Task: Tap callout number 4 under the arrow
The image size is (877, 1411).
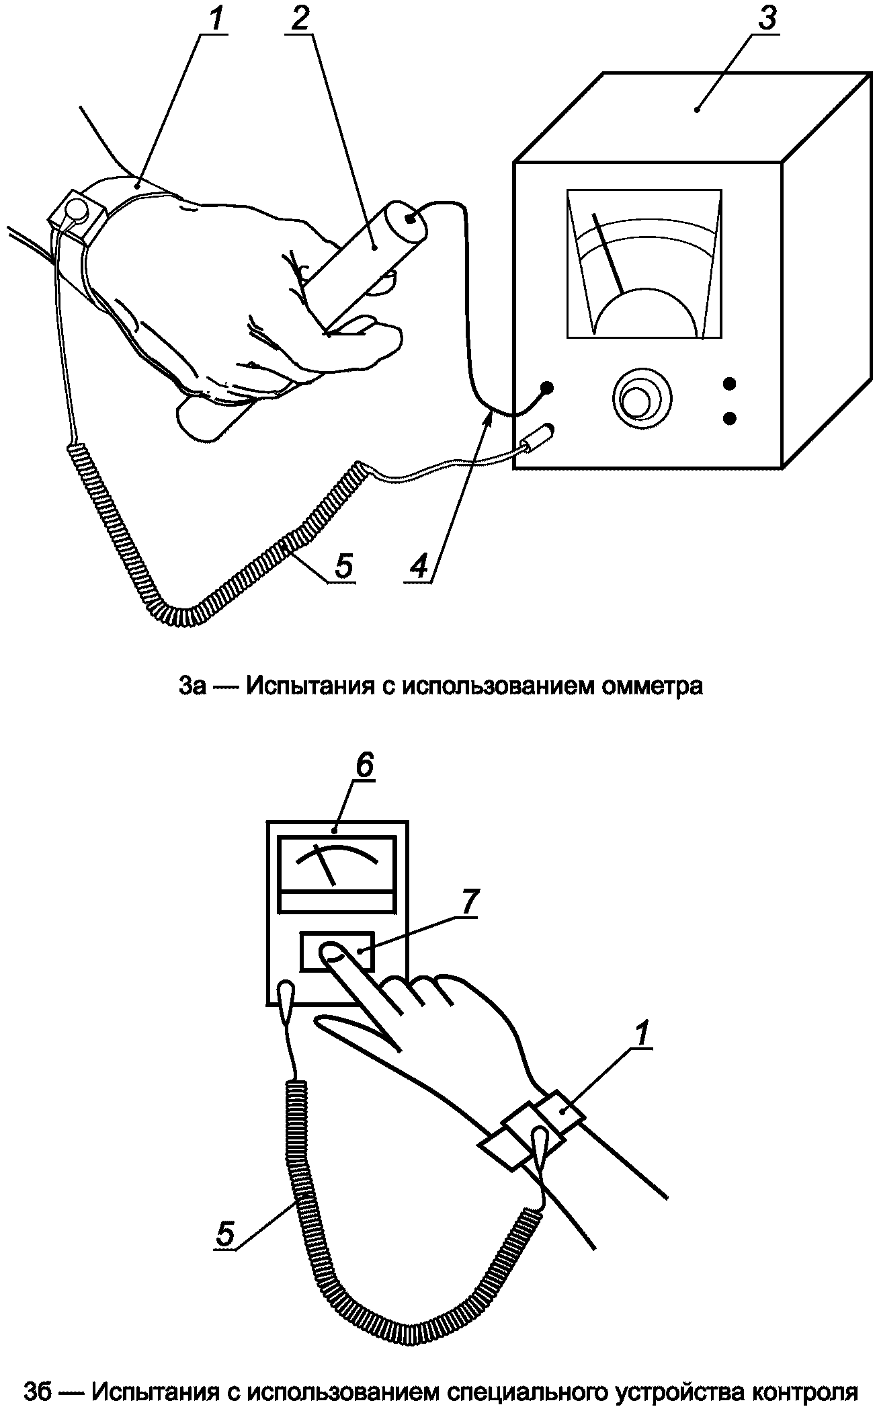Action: [418, 567]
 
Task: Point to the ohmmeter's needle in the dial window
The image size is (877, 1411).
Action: [608, 253]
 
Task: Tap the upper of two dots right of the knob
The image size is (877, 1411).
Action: [729, 385]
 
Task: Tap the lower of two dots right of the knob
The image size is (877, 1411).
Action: [729, 418]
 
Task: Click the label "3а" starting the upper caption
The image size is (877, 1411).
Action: [194, 686]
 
